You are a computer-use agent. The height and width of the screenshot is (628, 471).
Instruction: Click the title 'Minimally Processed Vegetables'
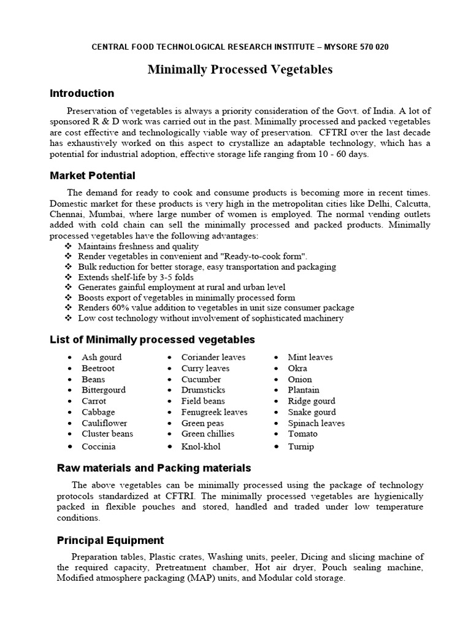tap(240, 70)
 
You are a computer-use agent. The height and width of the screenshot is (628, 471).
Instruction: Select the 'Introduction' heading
tap(82, 93)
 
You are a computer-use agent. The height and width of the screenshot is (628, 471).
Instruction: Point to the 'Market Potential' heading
tap(92, 176)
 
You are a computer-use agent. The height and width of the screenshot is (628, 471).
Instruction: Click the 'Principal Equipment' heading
tap(110, 540)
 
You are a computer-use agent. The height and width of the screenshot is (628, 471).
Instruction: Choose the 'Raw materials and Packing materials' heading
tap(154, 468)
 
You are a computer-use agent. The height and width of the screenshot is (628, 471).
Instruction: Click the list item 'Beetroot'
tap(98, 368)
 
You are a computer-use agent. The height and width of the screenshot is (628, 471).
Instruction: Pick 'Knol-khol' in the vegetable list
tap(201, 446)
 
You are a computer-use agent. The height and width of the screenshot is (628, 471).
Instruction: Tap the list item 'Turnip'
tap(301, 446)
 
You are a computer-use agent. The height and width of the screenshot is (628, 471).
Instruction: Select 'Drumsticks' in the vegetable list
tap(203, 390)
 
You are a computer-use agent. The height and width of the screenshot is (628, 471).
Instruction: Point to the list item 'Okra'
tap(297, 368)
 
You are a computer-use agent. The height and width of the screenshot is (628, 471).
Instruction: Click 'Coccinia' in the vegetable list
tap(99, 446)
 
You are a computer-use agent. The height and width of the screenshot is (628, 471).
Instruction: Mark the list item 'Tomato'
tap(302, 434)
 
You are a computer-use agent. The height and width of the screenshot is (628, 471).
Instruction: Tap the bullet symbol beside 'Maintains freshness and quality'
tap(68, 246)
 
